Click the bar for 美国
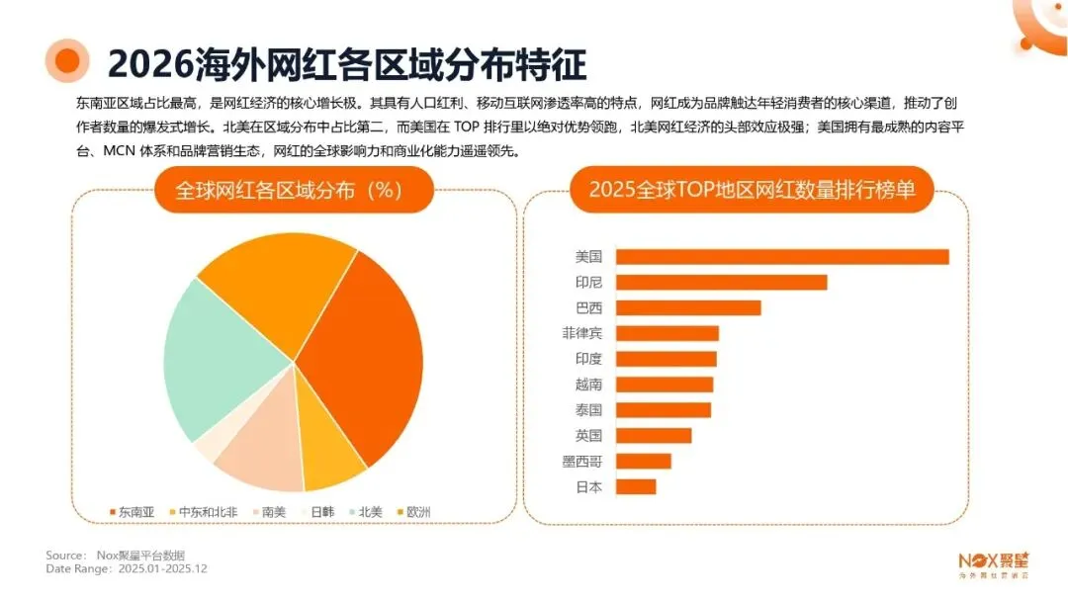point(781,257)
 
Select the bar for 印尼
point(721,283)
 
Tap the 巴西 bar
point(688,308)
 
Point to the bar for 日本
point(636,486)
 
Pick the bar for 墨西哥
point(644,461)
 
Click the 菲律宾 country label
point(581,334)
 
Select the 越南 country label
point(588,385)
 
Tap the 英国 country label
point(588,436)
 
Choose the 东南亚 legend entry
point(133,512)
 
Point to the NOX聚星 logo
point(993,561)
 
